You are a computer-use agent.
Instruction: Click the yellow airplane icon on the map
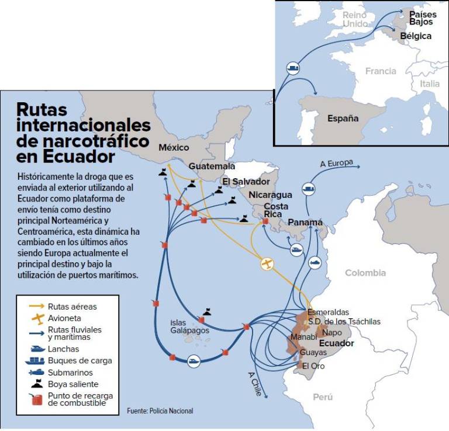tap(267, 263)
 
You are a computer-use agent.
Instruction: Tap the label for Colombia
tap(365, 273)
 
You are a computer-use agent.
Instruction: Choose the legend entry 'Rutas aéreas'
tap(72, 306)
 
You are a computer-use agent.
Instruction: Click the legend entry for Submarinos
tap(70, 372)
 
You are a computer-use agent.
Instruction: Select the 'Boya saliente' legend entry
tap(73, 384)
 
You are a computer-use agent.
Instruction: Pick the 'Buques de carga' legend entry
tap(80, 360)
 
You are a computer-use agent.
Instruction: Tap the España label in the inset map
tap(343, 118)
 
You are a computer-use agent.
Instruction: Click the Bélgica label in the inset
tap(416, 36)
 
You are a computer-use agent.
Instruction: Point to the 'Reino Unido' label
tap(355, 19)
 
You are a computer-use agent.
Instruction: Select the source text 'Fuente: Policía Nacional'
tap(160, 411)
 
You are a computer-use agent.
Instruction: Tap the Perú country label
tap(322, 397)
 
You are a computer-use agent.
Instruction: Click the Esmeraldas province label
tap(328, 312)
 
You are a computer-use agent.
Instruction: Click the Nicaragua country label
tap(270, 194)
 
